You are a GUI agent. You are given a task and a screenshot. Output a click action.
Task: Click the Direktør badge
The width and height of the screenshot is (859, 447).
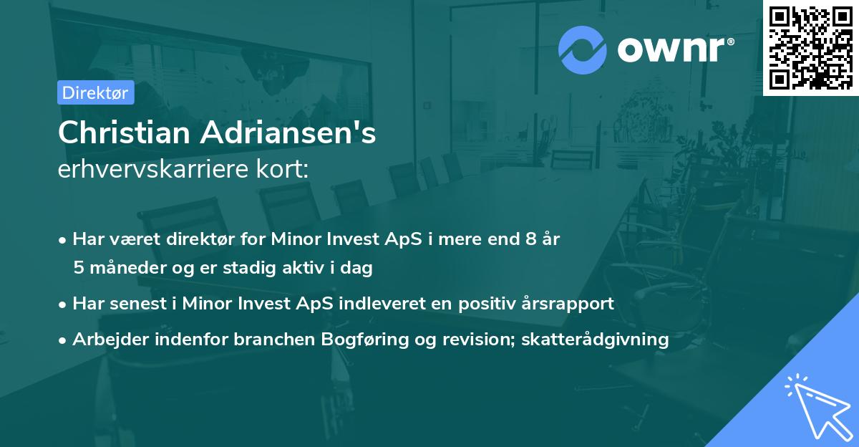click(95, 92)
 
